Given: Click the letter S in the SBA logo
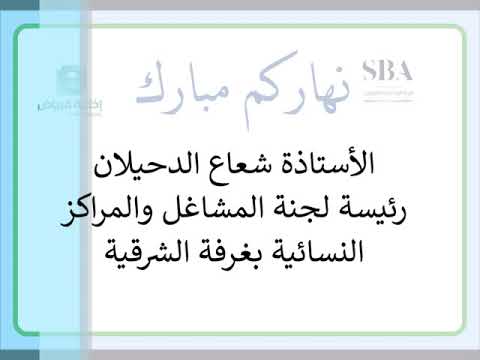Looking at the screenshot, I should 370,71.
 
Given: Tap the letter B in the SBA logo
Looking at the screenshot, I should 387,71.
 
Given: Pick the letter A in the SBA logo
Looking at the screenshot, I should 405,71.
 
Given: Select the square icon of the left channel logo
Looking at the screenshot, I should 63,81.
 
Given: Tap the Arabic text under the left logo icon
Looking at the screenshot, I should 62,104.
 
